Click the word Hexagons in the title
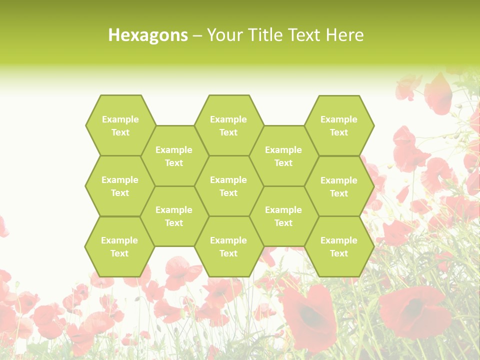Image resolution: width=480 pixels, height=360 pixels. pos(148,35)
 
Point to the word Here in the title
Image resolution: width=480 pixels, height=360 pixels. pos(344,35)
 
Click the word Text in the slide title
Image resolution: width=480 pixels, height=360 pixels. pos(305,35)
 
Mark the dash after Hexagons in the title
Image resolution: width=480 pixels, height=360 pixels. pos(197,35)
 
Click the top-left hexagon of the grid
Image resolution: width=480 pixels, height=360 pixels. pos(120,125)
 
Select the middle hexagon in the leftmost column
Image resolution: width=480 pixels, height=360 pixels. pos(120,186)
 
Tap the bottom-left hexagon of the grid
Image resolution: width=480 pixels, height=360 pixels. pos(119,246)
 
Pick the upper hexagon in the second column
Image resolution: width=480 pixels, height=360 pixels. pos(174,156)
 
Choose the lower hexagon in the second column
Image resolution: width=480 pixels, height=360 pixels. pos(174,216)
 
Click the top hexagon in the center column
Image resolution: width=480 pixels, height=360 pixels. pos(228,125)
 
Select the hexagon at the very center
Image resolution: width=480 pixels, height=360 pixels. pos(228,186)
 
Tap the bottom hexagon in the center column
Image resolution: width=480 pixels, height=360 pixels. pos(228,246)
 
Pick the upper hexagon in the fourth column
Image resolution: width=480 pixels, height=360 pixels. pos(283,156)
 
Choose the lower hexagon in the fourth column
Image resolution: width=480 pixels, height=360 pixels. pos(283,216)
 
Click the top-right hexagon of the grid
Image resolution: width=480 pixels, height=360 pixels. pos(339,125)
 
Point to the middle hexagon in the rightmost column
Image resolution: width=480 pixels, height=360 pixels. pos(339,186)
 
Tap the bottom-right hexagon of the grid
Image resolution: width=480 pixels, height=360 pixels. pos(339,246)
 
